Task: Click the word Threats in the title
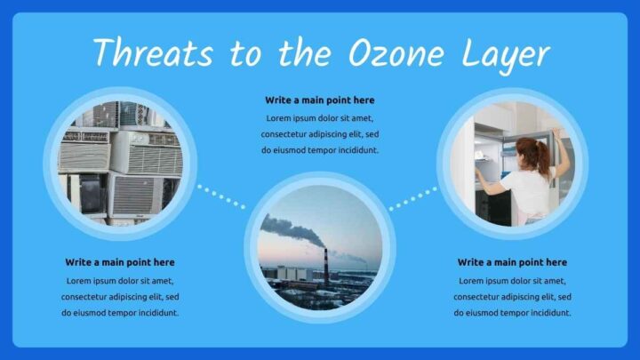153,53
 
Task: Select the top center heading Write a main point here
319,100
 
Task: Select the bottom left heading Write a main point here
120,262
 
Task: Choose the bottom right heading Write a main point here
512,262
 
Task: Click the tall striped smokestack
325,264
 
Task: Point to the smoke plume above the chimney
289,230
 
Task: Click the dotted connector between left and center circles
220,196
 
